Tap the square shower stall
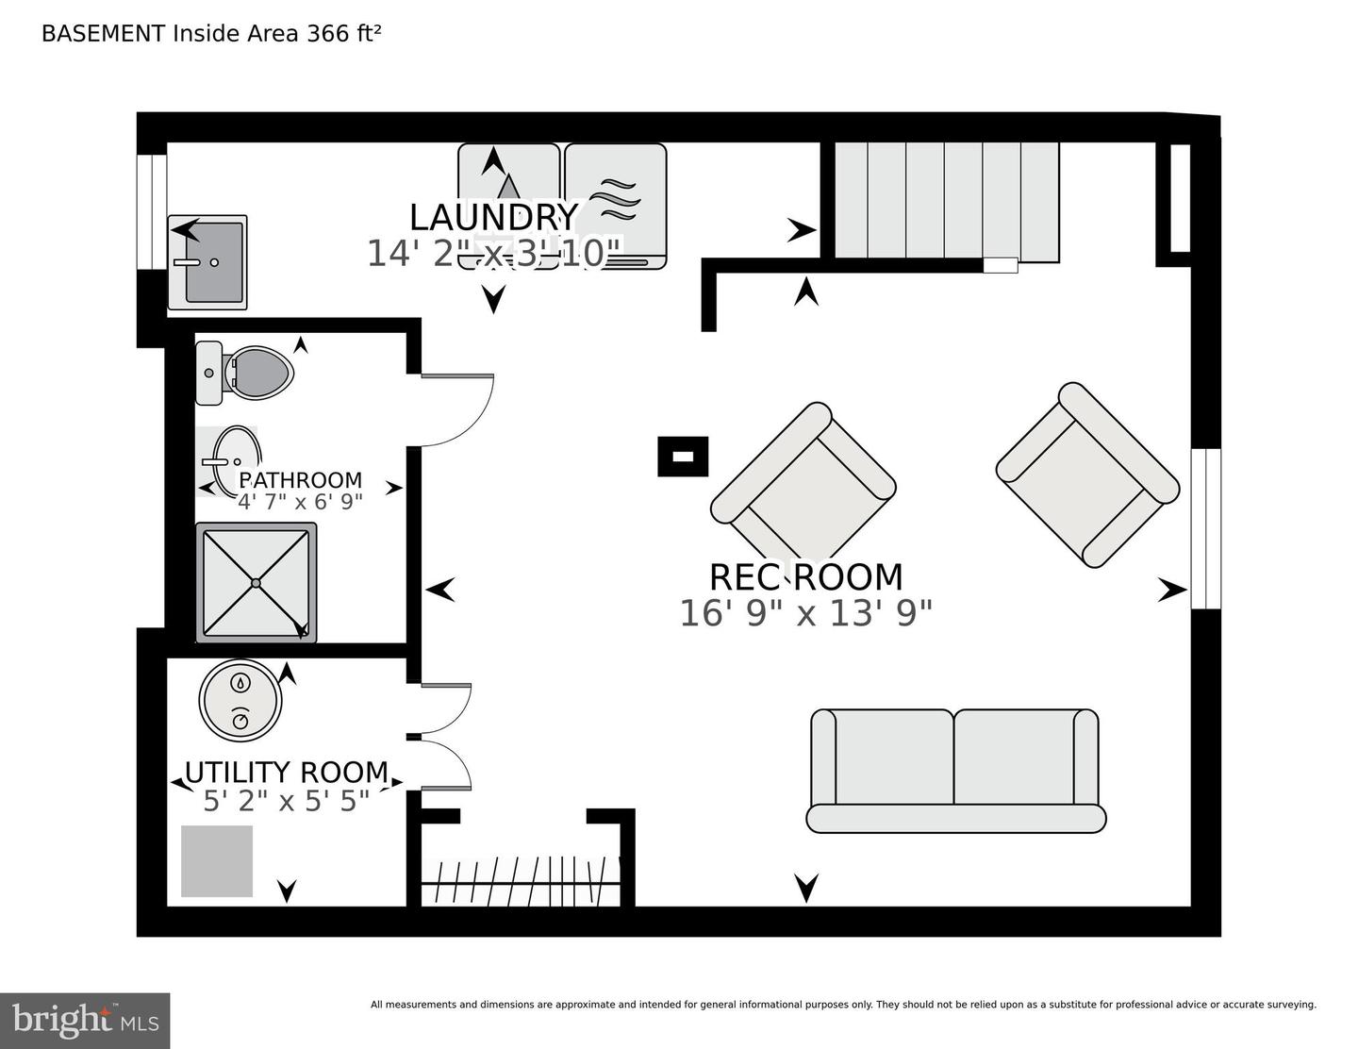(x=256, y=583)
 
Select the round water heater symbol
(x=241, y=700)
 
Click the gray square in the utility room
(x=217, y=861)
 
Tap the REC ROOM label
(x=805, y=576)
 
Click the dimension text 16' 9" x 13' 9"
(x=805, y=614)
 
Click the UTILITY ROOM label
(x=286, y=773)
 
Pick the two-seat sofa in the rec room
(x=954, y=771)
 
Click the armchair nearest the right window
(x=1087, y=475)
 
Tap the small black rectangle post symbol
(x=683, y=457)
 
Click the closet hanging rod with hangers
(x=520, y=881)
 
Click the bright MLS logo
(x=84, y=1021)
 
